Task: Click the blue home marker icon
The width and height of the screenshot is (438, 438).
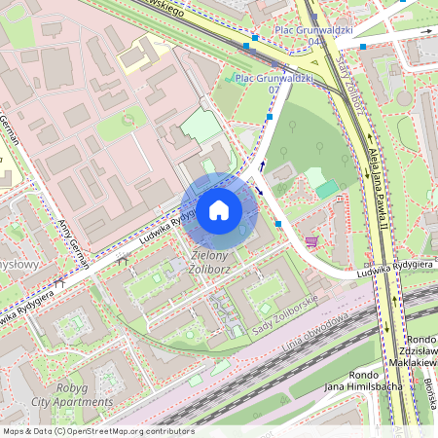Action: tap(219, 210)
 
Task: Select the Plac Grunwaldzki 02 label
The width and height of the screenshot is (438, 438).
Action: tap(274, 83)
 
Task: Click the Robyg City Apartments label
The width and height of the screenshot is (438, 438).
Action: tap(82, 394)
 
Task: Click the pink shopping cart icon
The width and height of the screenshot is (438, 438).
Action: tap(311, 241)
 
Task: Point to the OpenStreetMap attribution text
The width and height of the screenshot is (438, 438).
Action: tap(98, 430)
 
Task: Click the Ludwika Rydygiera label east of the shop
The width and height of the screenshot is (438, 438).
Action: tap(392, 265)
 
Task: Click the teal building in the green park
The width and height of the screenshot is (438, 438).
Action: tap(327, 189)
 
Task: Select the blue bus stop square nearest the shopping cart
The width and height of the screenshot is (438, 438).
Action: tap(279, 224)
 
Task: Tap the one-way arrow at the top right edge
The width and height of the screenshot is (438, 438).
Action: tap(424, 31)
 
